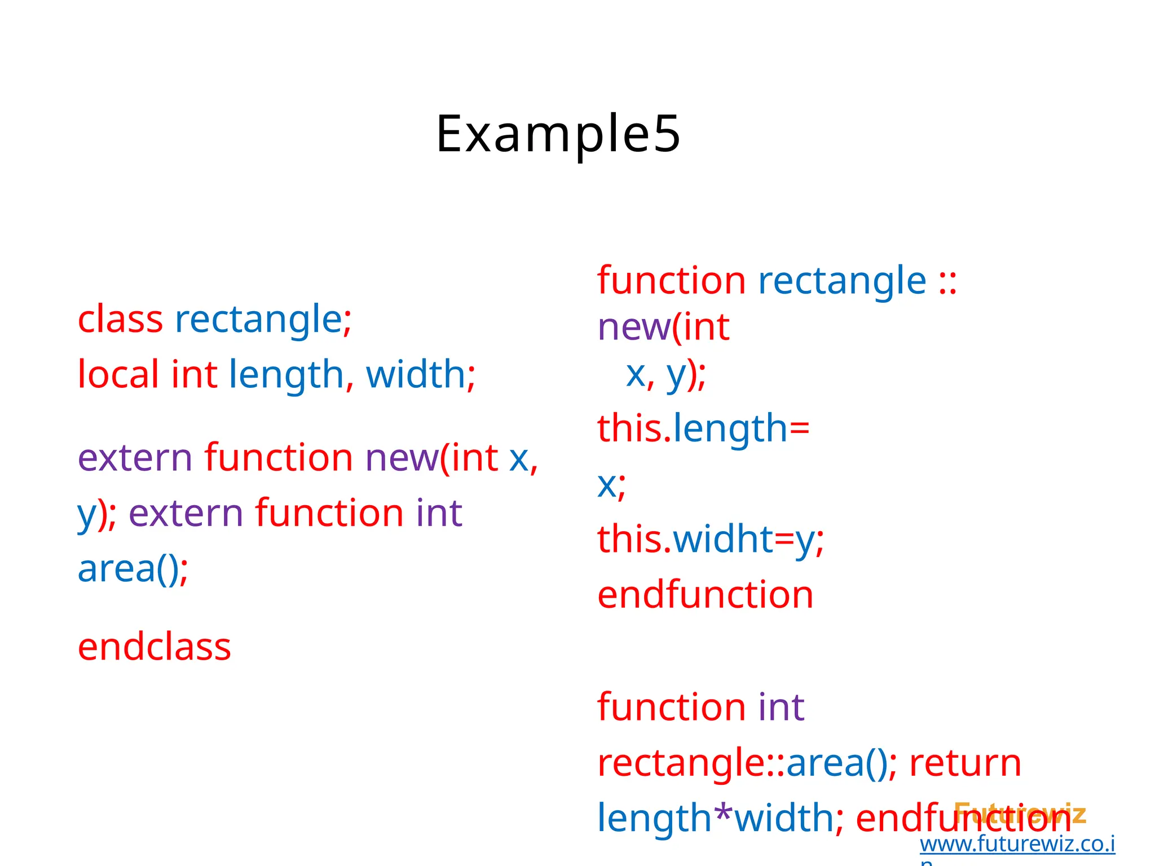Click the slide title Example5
558,134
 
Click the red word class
120,320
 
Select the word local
118,374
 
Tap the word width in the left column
416,374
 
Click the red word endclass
155,647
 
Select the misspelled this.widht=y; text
710,539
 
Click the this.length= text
703,428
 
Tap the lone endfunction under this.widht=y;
705,595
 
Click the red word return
965,763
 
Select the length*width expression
715,818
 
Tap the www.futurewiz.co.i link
1017,844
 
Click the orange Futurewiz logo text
1020,812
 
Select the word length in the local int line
286,374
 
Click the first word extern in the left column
135,458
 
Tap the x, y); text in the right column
665,374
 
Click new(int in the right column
663,328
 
